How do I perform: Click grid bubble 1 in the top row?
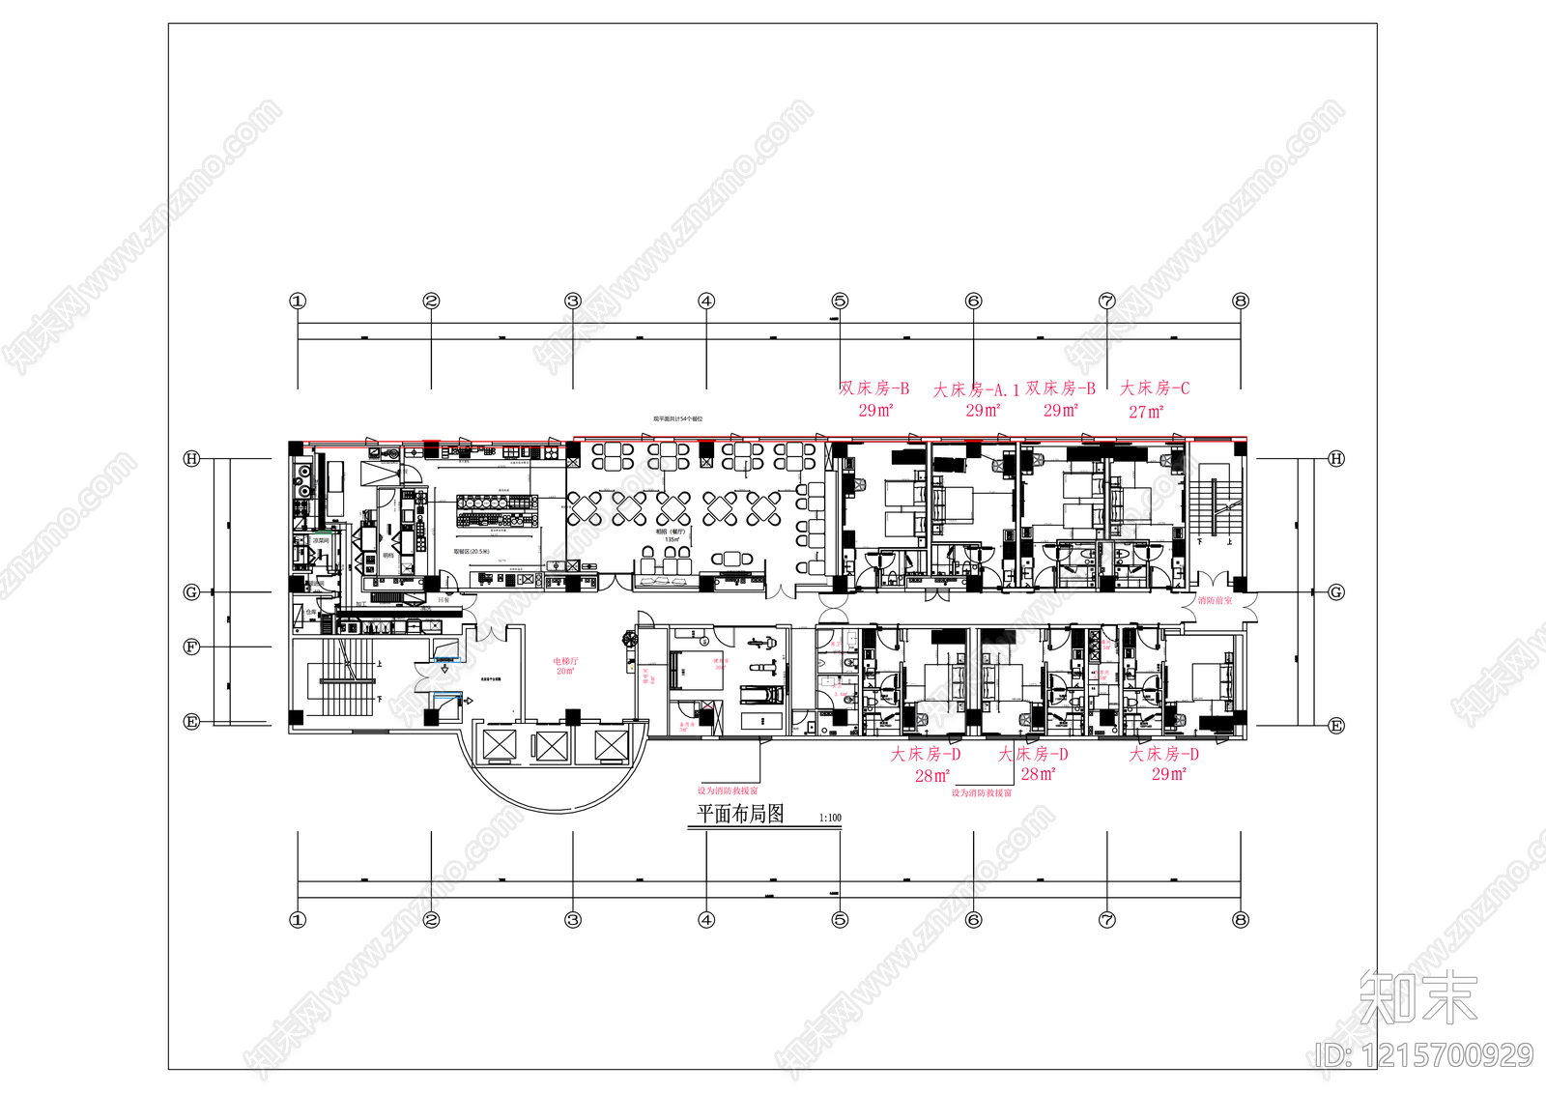(x=298, y=301)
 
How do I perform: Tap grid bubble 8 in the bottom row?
(x=1241, y=920)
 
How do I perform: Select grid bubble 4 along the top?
(x=706, y=301)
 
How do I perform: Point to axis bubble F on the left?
(x=191, y=647)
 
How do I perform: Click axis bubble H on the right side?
(x=1336, y=458)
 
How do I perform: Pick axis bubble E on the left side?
(x=191, y=722)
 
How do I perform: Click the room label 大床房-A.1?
(x=976, y=389)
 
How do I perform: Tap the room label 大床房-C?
(x=1155, y=388)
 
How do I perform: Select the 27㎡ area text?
(x=1146, y=412)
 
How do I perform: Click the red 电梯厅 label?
(x=565, y=661)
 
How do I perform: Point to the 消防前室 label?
(x=1215, y=601)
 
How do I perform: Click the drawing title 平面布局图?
(x=740, y=814)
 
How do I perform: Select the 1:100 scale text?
(x=830, y=818)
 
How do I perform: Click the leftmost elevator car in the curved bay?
(x=501, y=744)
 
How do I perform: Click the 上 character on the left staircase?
(x=380, y=664)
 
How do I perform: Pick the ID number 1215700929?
(x=1423, y=1054)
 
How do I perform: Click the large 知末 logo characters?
(x=1418, y=997)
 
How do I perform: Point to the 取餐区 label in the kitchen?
(x=472, y=552)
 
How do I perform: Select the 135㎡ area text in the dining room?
(x=671, y=539)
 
